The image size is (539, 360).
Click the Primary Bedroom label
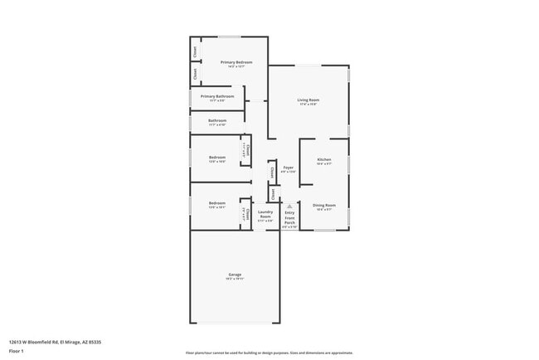(236, 62)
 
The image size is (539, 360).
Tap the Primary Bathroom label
(217, 96)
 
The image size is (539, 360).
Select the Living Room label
(308, 100)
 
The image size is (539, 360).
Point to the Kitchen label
(324, 159)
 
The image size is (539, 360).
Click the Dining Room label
(324, 205)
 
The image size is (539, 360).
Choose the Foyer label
(289, 168)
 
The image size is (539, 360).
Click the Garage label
(236, 275)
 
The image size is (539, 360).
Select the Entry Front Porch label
(290, 217)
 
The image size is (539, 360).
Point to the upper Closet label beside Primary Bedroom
(196, 51)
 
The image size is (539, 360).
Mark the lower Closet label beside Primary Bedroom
(196, 73)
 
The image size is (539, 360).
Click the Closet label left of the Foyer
(273, 173)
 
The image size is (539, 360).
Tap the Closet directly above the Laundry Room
(273, 194)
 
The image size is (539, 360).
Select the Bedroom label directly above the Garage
(217, 203)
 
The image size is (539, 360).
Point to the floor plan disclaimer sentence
(269, 353)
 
